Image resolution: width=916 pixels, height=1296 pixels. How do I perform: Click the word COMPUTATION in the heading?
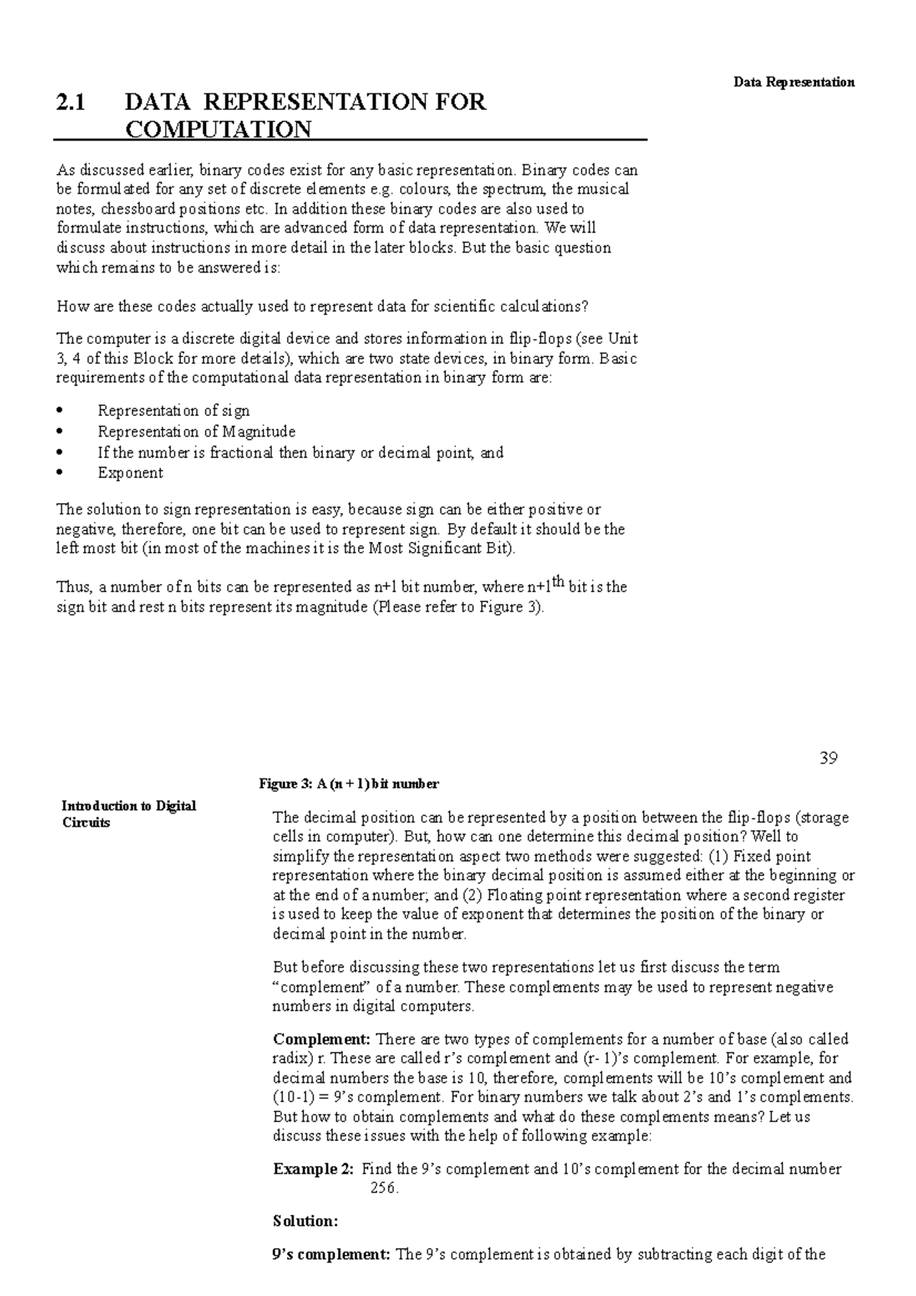click(218, 130)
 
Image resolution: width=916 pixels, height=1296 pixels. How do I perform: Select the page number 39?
click(828, 758)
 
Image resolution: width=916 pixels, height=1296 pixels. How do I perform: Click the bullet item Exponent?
click(130, 473)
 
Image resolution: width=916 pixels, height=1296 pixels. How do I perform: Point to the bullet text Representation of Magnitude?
click(196, 432)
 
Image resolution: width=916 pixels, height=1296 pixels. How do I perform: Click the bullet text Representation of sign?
click(173, 411)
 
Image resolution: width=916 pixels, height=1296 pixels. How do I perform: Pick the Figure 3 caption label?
click(349, 784)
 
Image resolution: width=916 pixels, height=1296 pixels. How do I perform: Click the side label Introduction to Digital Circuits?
click(128, 814)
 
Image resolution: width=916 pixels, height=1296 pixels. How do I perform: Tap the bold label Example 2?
click(313, 1169)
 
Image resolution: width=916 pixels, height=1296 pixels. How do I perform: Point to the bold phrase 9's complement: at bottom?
click(331, 1254)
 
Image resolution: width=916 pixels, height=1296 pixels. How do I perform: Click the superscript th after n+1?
click(558, 582)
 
